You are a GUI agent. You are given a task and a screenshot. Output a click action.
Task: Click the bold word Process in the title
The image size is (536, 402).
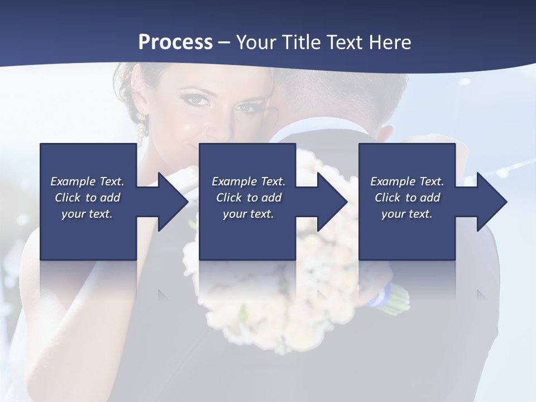pyautogui.click(x=175, y=42)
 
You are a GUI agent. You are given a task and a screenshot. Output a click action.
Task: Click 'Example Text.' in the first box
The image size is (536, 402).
pyautogui.click(x=87, y=181)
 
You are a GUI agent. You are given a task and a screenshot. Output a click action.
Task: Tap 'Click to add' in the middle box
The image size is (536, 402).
pyautogui.click(x=248, y=198)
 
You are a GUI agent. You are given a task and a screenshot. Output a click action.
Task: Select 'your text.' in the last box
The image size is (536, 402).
pyautogui.click(x=406, y=214)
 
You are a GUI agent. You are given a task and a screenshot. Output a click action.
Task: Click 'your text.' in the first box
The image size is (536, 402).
pyautogui.click(x=87, y=214)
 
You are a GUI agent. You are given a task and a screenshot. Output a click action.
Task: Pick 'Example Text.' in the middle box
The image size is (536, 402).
pyautogui.click(x=248, y=181)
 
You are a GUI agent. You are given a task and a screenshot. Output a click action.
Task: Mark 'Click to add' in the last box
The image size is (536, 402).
pyautogui.click(x=407, y=198)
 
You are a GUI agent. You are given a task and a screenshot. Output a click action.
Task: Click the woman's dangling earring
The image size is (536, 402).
pyautogui.click(x=141, y=130)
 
